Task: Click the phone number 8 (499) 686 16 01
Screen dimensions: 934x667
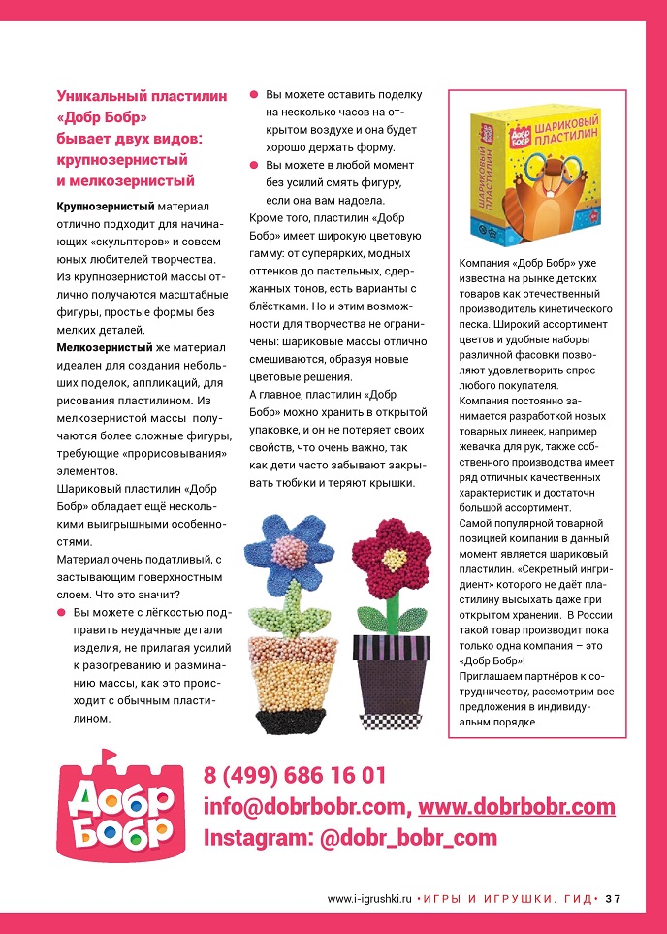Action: click(x=295, y=776)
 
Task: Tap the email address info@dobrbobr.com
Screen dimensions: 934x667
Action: click(x=305, y=807)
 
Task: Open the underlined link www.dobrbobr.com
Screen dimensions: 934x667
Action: click(x=516, y=807)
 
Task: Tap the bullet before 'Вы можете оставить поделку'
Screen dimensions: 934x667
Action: click(x=255, y=95)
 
